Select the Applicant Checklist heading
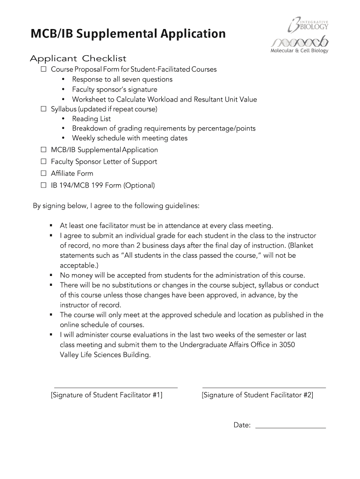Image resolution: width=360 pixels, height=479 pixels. (x=78, y=58)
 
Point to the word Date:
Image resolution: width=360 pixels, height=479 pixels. (x=242, y=425)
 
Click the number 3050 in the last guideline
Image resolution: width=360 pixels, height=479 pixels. (x=286, y=345)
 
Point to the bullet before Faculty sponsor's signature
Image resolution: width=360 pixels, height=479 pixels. (x=63, y=89)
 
